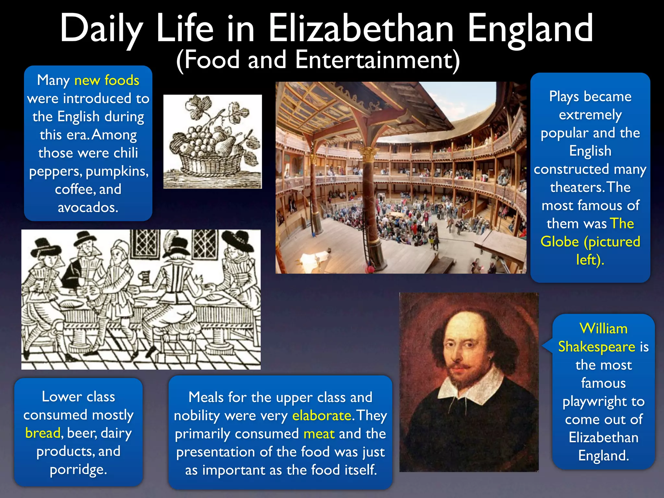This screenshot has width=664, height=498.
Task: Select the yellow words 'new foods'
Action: point(107,80)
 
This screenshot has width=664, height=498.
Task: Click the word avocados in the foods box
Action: point(88,207)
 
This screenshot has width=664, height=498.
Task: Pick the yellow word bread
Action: point(43,433)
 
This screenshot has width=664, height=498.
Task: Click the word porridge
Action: point(78,469)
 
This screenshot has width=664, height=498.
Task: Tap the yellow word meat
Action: point(319,434)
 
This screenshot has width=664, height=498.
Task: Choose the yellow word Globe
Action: point(560,242)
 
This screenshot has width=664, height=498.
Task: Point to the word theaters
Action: point(576,187)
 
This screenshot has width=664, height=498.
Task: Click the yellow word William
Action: point(603,329)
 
